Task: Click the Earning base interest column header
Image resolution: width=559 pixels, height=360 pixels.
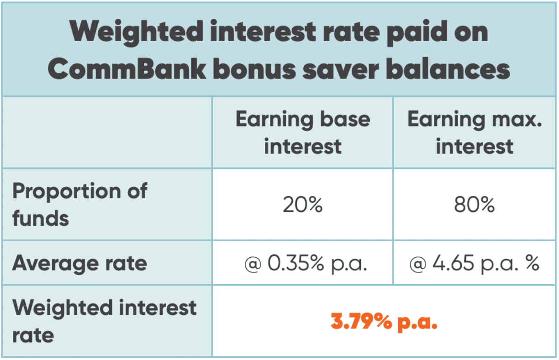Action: [302, 132]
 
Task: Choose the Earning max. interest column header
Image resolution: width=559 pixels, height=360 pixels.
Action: [475, 132]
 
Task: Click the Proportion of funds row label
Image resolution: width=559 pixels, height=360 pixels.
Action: [80, 204]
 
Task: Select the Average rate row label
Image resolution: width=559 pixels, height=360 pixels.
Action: [80, 263]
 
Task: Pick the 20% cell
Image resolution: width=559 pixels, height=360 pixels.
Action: [302, 205]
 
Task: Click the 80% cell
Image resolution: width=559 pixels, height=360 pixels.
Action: [475, 205]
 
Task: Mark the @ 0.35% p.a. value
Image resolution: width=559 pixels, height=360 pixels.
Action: [306, 264]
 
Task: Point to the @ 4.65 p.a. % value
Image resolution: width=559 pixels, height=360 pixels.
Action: [475, 264]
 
